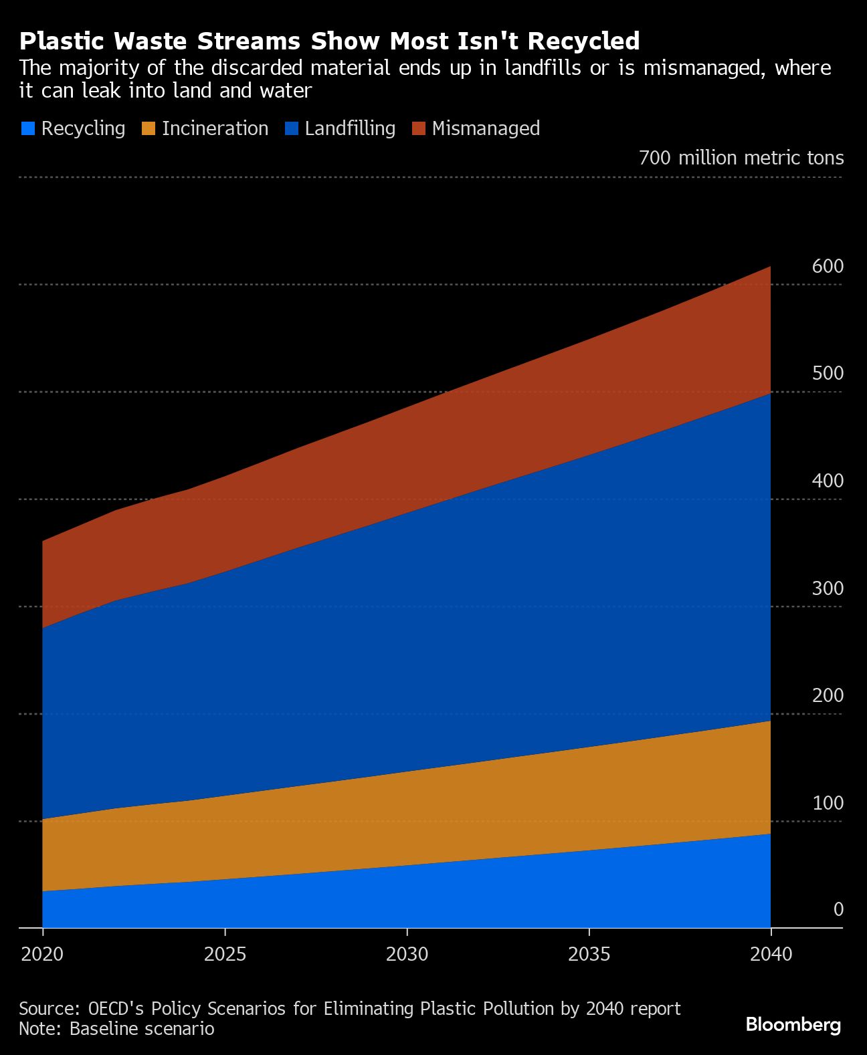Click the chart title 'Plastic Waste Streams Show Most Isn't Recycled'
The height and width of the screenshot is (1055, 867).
tap(329, 41)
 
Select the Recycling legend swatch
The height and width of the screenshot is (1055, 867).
tap(27, 128)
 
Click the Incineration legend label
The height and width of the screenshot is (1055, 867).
tap(215, 128)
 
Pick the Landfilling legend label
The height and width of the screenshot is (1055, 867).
tap(350, 128)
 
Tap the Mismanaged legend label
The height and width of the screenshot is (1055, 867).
tap(486, 128)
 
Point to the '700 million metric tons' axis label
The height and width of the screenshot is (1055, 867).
tap(741, 158)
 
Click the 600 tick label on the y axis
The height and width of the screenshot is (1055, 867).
tap(828, 266)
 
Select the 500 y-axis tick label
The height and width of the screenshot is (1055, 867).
tap(828, 373)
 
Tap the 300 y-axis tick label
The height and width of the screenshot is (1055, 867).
tap(828, 588)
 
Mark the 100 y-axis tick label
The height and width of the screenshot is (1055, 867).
tap(828, 803)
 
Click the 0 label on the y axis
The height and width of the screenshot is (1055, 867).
tap(838, 909)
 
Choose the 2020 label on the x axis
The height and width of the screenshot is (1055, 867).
tap(42, 954)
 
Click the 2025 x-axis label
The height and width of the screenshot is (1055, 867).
tap(225, 954)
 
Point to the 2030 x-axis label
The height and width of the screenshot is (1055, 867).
tap(407, 954)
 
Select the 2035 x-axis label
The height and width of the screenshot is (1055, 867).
tap(589, 954)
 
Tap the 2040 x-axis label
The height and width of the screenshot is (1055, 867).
tap(771, 954)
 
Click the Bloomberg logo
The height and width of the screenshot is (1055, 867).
tap(793, 1024)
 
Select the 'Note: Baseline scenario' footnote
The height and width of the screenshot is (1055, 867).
tap(116, 1028)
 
